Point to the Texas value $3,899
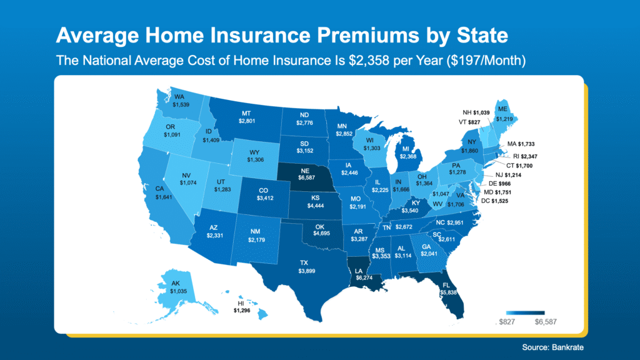pos(307,271)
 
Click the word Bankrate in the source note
pos(569,346)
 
